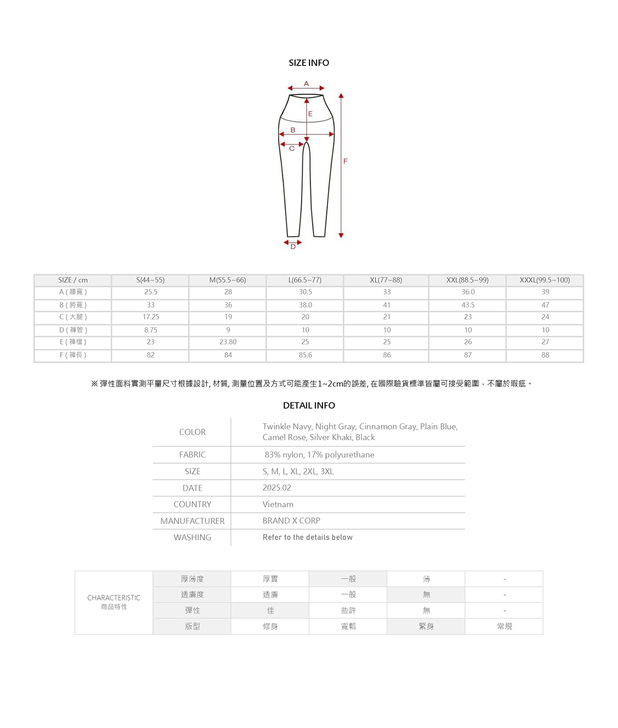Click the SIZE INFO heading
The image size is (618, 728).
point(308,63)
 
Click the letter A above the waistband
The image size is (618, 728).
point(306,83)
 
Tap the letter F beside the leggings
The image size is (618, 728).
point(346,161)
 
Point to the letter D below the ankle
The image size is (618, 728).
point(293,247)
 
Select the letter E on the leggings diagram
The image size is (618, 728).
point(310,114)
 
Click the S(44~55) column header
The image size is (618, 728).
point(150,280)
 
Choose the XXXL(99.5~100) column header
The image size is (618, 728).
point(545,280)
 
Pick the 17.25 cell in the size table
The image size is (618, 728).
point(150,317)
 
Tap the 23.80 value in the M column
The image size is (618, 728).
point(228,342)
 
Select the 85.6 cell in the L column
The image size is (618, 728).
point(305,355)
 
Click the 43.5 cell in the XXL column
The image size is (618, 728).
point(468,305)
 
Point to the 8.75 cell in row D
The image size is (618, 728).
point(150,330)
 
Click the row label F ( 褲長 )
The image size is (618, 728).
point(73,355)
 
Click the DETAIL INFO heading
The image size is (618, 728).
point(309,405)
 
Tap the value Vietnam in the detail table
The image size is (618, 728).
point(278,504)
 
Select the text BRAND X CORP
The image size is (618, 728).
point(291,521)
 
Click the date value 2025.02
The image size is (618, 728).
point(277,488)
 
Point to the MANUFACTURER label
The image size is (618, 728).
point(192,521)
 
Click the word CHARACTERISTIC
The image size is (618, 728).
point(114,598)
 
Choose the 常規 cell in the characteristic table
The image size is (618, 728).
point(504,627)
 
